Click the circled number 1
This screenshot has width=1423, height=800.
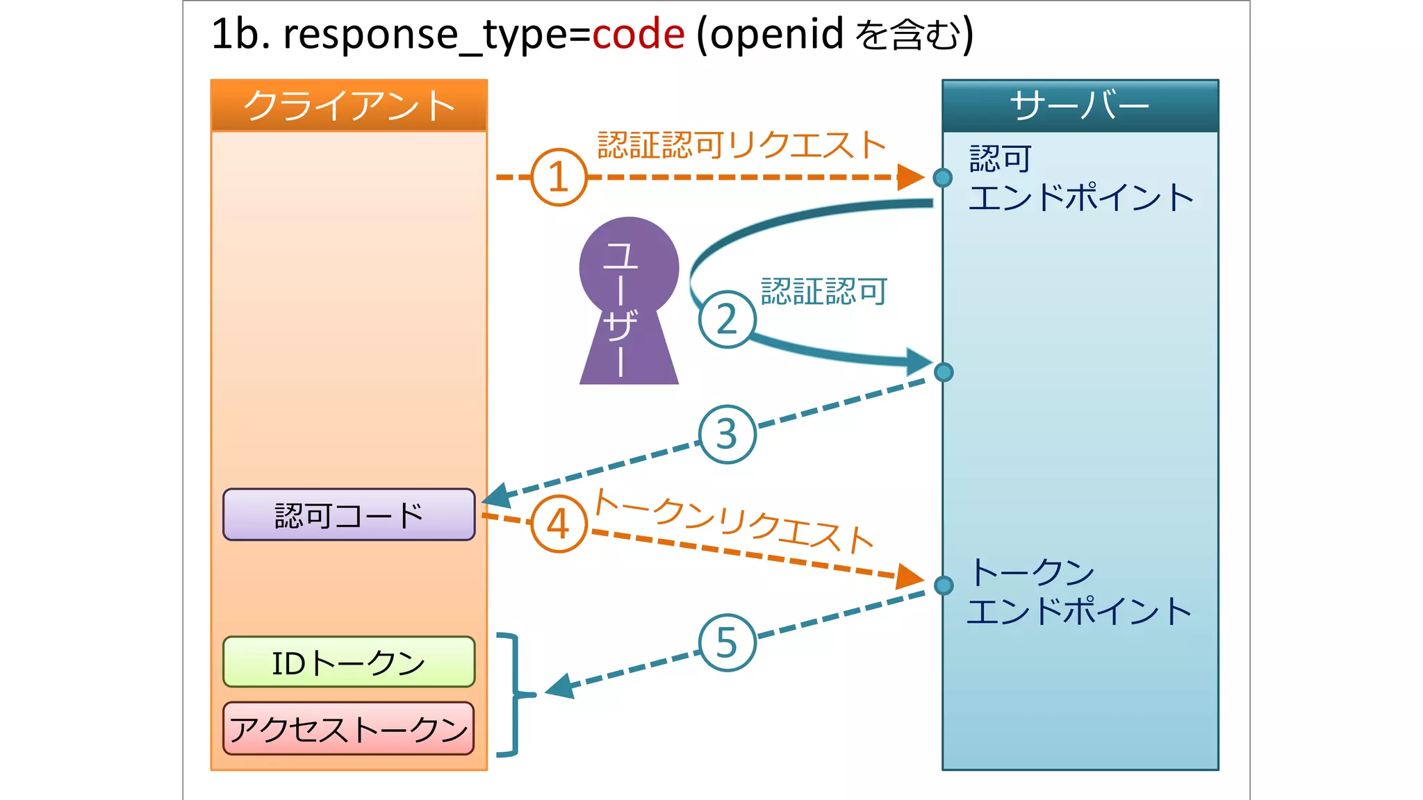click(x=559, y=177)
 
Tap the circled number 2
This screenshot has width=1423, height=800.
click(x=727, y=319)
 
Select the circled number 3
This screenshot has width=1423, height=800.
click(x=727, y=434)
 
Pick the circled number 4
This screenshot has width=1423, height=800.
click(x=559, y=524)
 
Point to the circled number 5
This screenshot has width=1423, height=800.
click(x=727, y=642)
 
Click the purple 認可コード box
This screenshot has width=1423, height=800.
click(x=349, y=515)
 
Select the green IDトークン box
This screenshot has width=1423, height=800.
click(x=349, y=662)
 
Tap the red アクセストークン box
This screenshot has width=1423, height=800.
click(x=349, y=728)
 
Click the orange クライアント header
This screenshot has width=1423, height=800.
click(x=349, y=106)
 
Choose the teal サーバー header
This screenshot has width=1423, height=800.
click(x=1080, y=106)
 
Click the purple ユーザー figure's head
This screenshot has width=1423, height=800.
click(x=629, y=266)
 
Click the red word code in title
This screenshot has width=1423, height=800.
click(x=638, y=34)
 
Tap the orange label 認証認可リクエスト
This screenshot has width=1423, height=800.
click(x=741, y=145)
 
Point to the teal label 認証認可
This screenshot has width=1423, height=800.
click(x=824, y=291)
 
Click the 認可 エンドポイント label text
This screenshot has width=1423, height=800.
click(x=1080, y=178)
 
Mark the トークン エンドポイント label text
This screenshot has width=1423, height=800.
click(x=1078, y=592)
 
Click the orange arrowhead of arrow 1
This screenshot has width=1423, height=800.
click(x=910, y=177)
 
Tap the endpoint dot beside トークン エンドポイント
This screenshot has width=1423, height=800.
click(x=944, y=585)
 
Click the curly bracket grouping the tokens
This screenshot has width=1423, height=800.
click(x=515, y=694)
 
